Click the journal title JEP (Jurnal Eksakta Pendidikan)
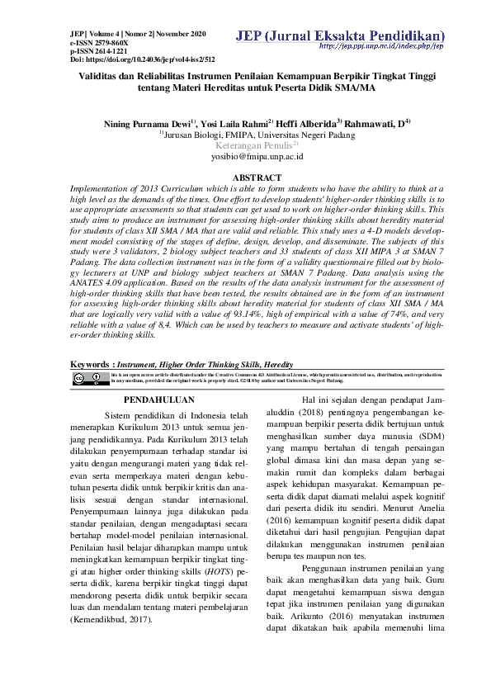click(x=340, y=36)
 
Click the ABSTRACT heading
click(x=257, y=177)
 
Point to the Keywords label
click(x=90, y=363)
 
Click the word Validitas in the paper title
click(x=96, y=75)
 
